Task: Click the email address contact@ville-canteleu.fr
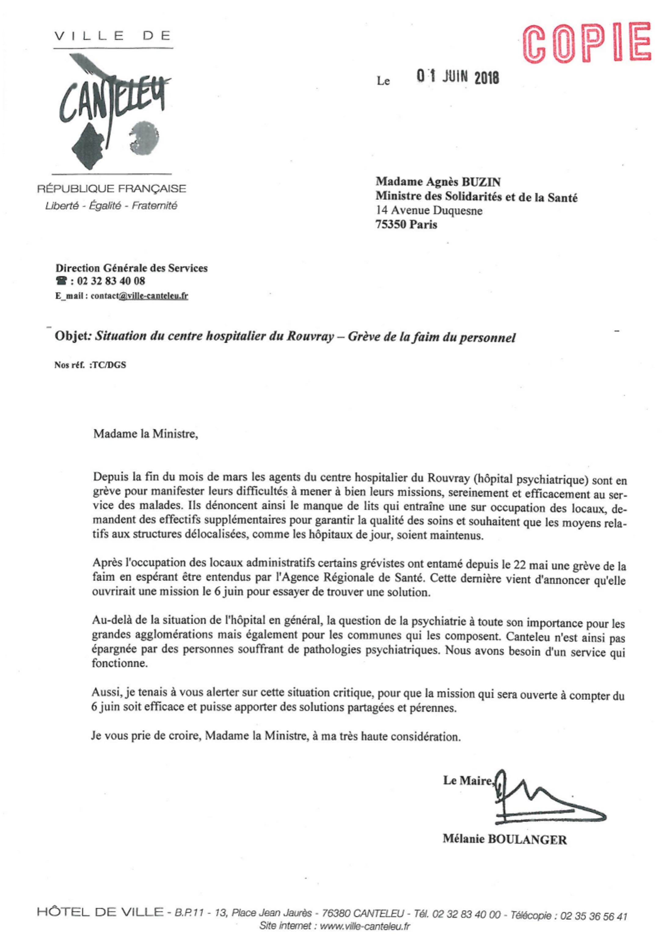tap(139, 296)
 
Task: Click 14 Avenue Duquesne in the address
tap(429, 211)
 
